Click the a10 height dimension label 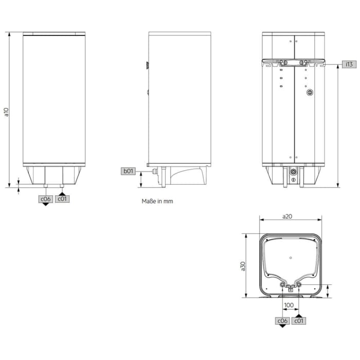(7, 112)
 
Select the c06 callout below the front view (45, 199)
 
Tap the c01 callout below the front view (62, 199)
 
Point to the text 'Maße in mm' (157, 202)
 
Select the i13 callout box (348, 64)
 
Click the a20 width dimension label (288, 217)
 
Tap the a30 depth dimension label (243, 265)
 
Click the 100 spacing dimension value (289, 305)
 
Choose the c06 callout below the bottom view (282, 321)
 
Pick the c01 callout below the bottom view (299, 321)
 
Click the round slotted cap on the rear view (310, 93)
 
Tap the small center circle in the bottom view (291, 257)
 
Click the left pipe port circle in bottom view (282, 284)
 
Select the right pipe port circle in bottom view (299, 284)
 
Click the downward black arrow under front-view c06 (45, 204)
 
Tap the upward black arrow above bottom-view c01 (299, 315)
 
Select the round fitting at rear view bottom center (293, 171)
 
